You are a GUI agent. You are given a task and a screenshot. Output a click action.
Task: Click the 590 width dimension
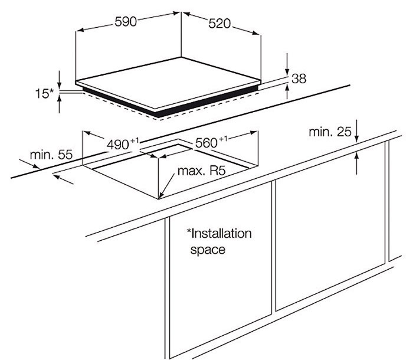click(126, 22)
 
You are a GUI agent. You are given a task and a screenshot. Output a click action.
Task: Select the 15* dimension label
click(43, 93)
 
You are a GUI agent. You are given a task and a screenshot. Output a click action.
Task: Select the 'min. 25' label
click(329, 132)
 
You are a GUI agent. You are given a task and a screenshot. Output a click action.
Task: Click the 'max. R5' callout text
click(202, 172)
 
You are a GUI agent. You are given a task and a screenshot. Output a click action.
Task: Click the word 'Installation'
click(219, 233)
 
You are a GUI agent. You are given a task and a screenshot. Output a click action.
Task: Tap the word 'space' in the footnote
click(207, 250)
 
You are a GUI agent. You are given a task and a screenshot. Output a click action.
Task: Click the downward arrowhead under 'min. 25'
click(358, 138)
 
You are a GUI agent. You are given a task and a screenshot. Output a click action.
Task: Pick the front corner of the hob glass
click(156, 110)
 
